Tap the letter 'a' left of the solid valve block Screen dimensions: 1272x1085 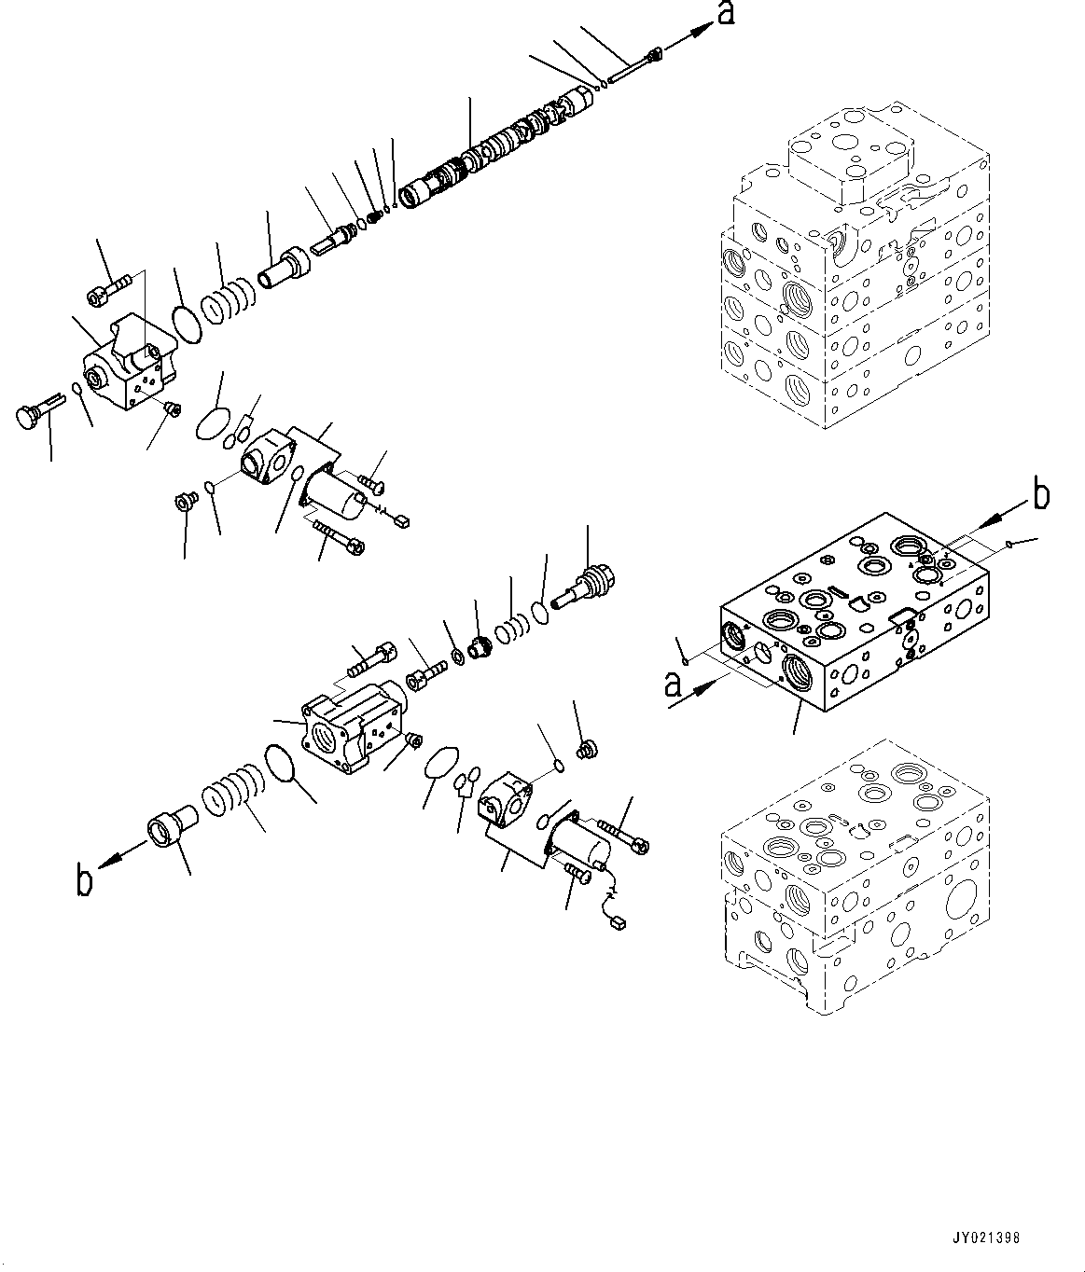pyautogui.click(x=671, y=687)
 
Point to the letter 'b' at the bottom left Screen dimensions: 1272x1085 pyautogui.click(x=85, y=879)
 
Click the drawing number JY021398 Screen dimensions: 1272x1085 pyautogui.click(x=986, y=1238)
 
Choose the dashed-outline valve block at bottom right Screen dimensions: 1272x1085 pyautogui.click(x=854, y=863)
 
